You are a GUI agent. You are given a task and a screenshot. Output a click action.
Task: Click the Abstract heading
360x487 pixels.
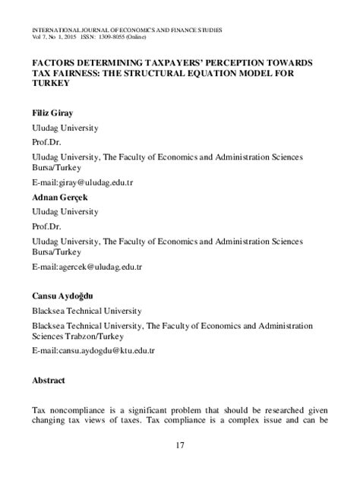(x=49, y=380)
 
